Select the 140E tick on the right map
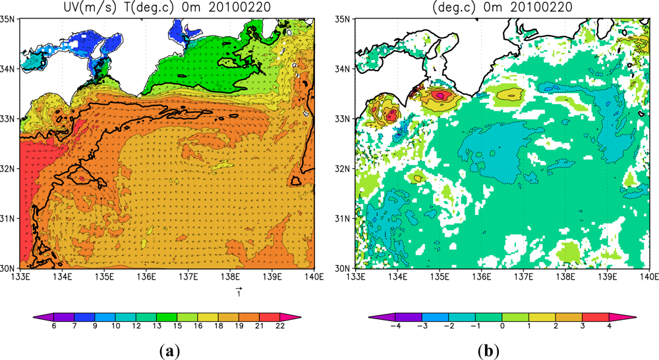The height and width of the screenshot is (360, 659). coord(649,277)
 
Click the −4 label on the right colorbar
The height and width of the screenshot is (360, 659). coord(395,334)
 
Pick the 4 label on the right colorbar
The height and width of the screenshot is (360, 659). coord(609,334)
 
